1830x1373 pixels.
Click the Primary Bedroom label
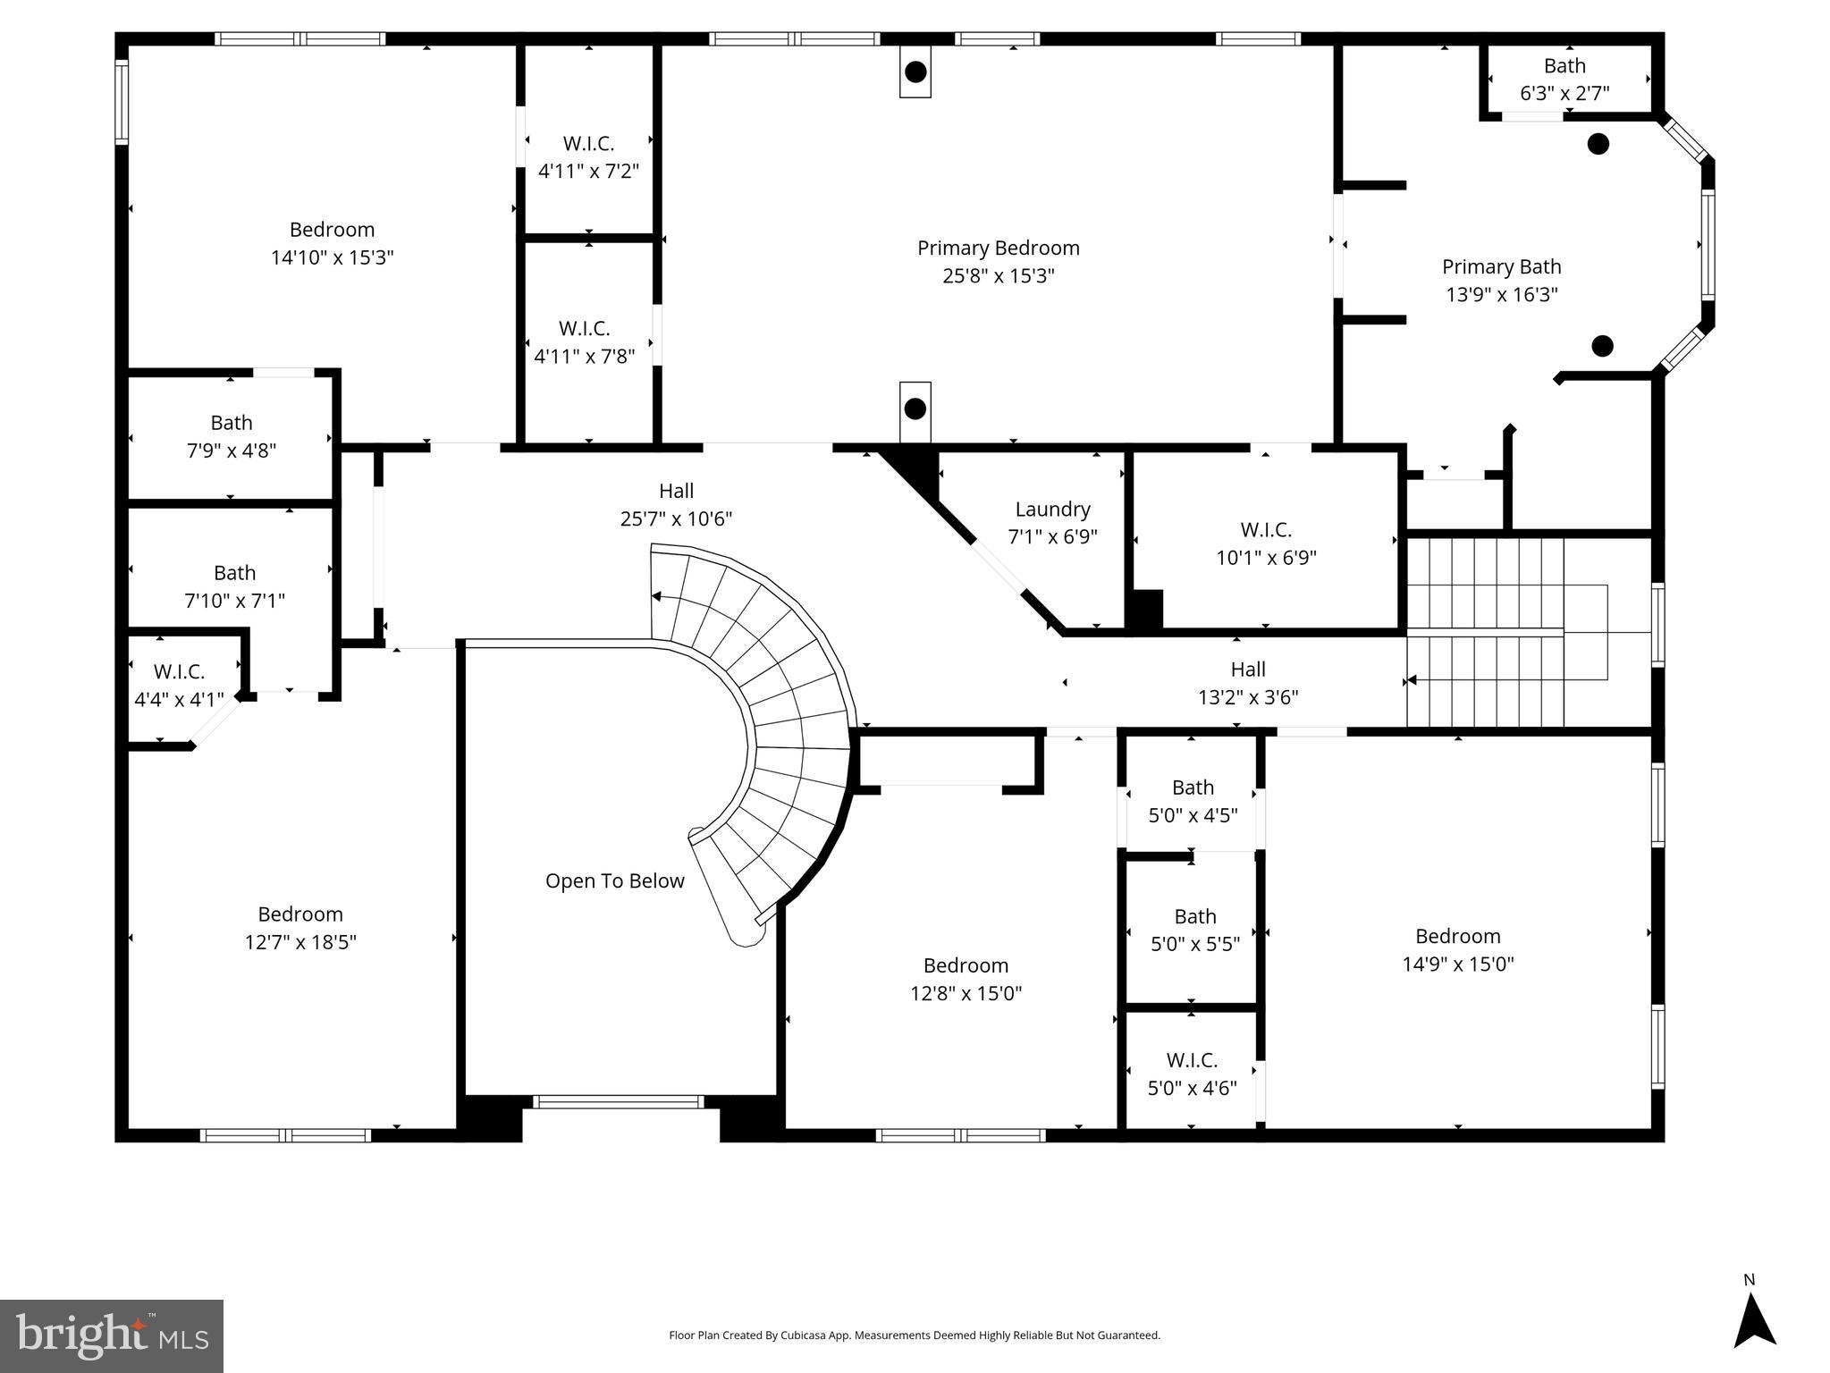tap(998, 248)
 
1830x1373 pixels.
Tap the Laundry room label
tap(1052, 510)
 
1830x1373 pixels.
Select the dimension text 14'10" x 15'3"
tap(332, 257)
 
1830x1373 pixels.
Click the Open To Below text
tap(614, 881)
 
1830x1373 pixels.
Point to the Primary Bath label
tap(1501, 267)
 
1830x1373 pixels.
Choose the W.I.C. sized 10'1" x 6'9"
tap(1265, 543)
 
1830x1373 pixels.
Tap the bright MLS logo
tap(112, 1336)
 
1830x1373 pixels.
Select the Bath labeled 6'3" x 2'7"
tap(1564, 79)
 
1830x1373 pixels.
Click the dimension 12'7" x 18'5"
tap(300, 942)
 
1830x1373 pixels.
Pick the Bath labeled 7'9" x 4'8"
tap(231, 436)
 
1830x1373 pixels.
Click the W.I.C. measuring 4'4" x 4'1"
tap(179, 685)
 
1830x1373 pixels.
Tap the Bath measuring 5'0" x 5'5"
tap(1194, 930)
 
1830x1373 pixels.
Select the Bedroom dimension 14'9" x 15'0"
tap(1457, 964)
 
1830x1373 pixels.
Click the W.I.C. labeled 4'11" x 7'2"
tap(588, 156)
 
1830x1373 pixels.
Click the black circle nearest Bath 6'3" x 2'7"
tap(1598, 143)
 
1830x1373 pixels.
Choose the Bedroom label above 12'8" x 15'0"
tap(966, 965)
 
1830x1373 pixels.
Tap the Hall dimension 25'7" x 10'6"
tap(676, 518)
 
